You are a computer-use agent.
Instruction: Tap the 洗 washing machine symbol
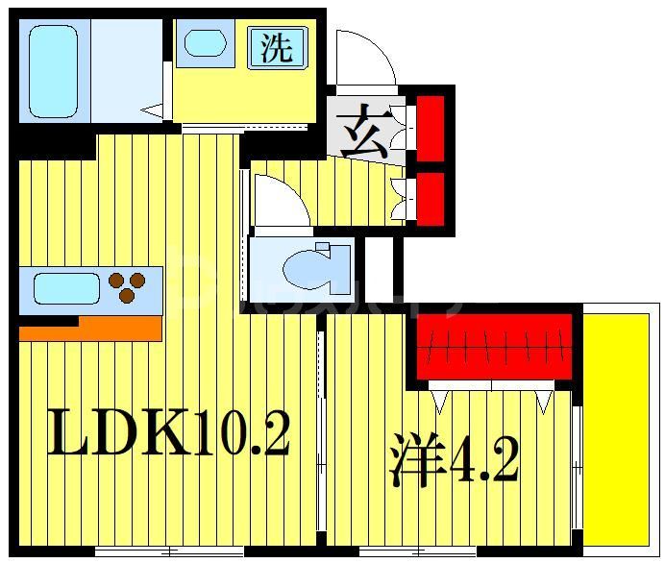[x=278, y=46]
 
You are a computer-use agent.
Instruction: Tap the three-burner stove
[x=128, y=287]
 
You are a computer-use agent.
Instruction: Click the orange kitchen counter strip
[x=89, y=330]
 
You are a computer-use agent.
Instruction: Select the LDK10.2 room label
[x=169, y=433]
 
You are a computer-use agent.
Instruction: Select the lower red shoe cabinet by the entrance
[x=430, y=196]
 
